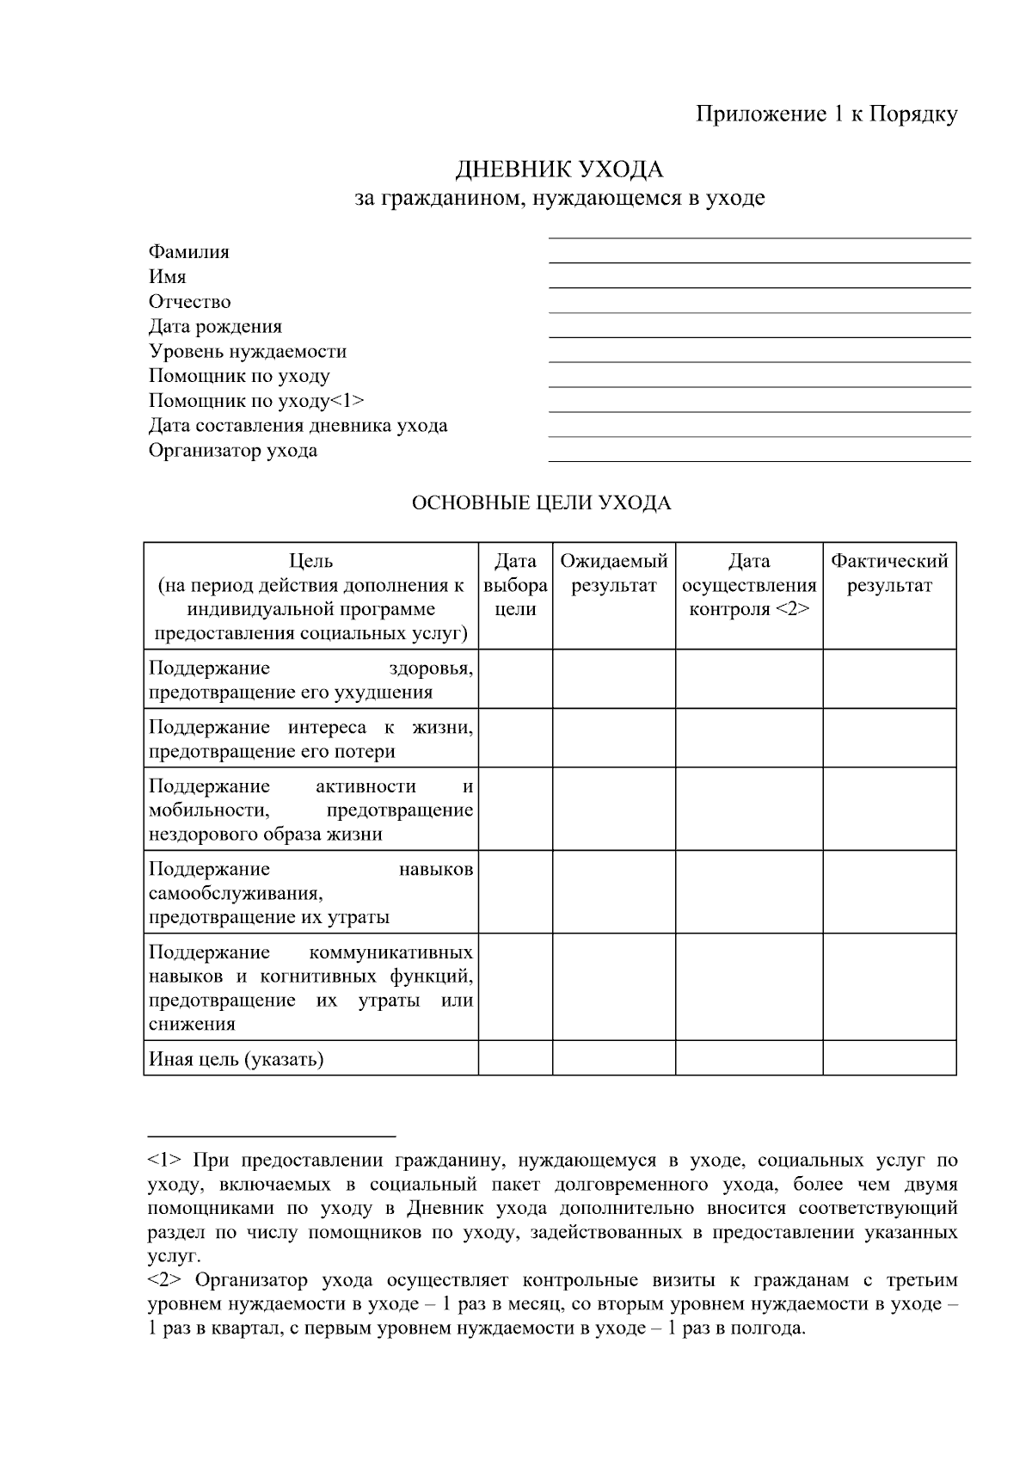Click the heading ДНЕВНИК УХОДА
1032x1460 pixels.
559,169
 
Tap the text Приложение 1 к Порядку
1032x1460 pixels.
826,114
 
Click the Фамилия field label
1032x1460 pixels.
189,252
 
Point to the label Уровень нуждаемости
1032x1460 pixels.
248,351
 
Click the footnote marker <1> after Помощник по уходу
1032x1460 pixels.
347,401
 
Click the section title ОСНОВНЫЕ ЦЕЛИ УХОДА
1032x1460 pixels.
541,503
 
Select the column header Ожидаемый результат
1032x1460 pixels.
614,573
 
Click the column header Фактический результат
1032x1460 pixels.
889,573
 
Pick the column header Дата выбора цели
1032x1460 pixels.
515,585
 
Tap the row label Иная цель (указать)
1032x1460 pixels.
236,1059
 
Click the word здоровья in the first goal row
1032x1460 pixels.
430,668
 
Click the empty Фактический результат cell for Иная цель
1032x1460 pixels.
889,1058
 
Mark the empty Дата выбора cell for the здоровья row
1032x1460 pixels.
515,679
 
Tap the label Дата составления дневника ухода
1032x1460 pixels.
298,426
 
